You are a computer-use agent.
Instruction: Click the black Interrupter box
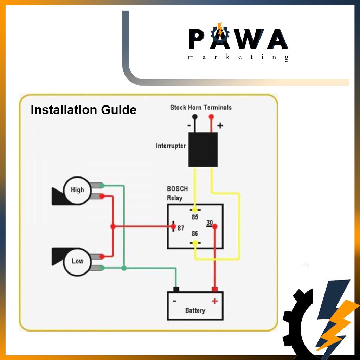[x=203, y=149]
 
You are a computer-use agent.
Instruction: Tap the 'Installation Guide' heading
[x=83, y=110]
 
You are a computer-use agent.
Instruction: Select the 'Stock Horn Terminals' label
[x=201, y=107]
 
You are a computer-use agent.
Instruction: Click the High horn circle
[x=77, y=190]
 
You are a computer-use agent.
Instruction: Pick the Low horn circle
[x=77, y=261]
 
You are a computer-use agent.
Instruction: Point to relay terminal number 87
[x=181, y=228]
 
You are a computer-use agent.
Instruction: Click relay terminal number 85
[x=195, y=217]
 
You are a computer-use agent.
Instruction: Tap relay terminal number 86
[x=195, y=234]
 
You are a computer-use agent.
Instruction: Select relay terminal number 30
[x=210, y=223]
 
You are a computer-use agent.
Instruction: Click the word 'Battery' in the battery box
[x=195, y=310]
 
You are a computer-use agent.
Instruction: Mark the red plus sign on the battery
[x=214, y=301]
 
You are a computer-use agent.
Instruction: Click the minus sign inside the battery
[x=175, y=301]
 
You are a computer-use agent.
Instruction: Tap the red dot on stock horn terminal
[x=211, y=116]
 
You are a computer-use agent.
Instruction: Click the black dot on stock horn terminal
[x=194, y=117]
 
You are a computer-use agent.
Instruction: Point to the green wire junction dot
[x=124, y=268]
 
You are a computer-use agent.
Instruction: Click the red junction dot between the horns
[x=113, y=226]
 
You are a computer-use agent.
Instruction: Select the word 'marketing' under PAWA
[x=238, y=57]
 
